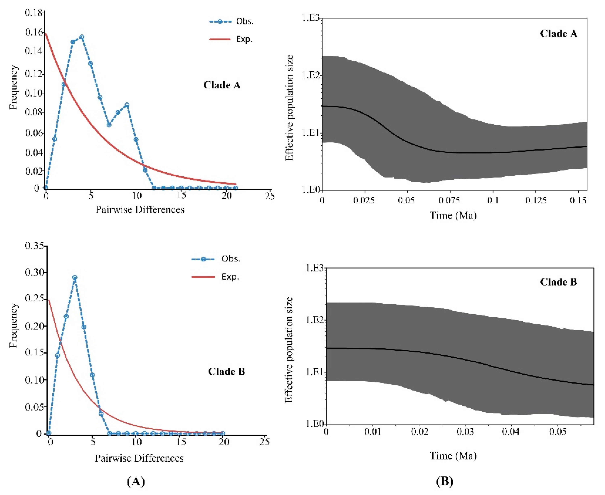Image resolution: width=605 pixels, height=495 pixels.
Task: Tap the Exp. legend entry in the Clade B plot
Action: (x=215, y=277)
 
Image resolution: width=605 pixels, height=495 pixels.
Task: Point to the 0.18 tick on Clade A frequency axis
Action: (x=34, y=13)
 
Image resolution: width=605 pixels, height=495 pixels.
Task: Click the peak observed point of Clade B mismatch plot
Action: (x=75, y=277)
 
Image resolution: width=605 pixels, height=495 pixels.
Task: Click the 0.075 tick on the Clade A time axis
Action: (x=449, y=200)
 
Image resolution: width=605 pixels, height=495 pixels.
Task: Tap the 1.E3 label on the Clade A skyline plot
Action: (x=311, y=18)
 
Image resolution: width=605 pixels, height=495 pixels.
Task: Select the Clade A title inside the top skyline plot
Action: (x=558, y=34)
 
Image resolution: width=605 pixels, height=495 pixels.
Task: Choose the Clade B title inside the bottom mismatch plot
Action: (x=226, y=371)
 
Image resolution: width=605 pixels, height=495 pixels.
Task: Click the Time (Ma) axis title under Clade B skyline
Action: (x=453, y=456)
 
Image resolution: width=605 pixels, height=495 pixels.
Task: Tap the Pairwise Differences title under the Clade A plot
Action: (x=140, y=210)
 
